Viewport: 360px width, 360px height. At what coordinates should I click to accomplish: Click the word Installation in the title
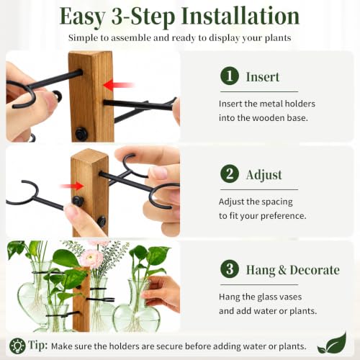pyautogui.click(x=240, y=17)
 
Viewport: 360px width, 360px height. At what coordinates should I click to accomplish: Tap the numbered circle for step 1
pyautogui.click(x=230, y=76)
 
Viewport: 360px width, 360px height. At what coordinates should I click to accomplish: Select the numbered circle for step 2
pyautogui.click(x=230, y=174)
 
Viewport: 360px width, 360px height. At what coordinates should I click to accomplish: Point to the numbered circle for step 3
pyautogui.click(x=230, y=269)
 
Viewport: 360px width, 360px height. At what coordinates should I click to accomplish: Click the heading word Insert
pyautogui.click(x=263, y=77)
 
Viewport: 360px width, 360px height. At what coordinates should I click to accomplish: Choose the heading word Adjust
pyautogui.click(x=264, y=175)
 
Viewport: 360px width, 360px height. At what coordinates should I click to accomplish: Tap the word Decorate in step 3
pyautogui.click(x=315, y=270)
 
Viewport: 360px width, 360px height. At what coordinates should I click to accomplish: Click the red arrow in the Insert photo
pyautogui.click(x=118, y=85)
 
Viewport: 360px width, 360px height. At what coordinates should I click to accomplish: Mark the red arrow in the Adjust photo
pyautogui.click(x=71, y=186)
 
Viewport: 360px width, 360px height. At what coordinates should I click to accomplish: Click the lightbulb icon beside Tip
pyautogui.click(x=17, y=346)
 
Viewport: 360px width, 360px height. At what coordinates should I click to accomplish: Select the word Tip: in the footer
pyautogui.click(x=38, y=346)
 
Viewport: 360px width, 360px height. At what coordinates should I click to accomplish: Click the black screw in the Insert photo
pyautogui.click(x=81, y=134)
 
